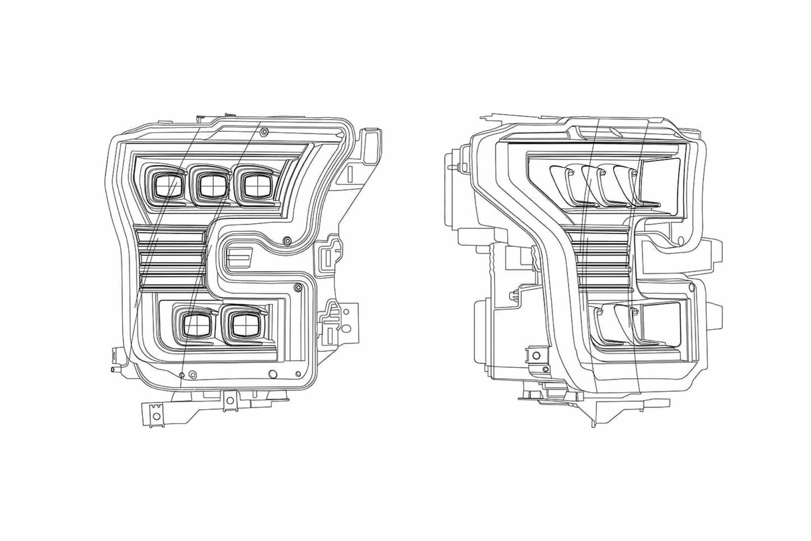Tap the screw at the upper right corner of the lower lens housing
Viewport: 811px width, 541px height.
(x=298, y=288)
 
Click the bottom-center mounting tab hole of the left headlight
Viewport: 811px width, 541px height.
(x=228, y=400)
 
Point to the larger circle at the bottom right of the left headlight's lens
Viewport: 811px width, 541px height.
(x=273, y=374)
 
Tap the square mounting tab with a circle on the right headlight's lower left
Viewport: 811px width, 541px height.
(x=533, y=355)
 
